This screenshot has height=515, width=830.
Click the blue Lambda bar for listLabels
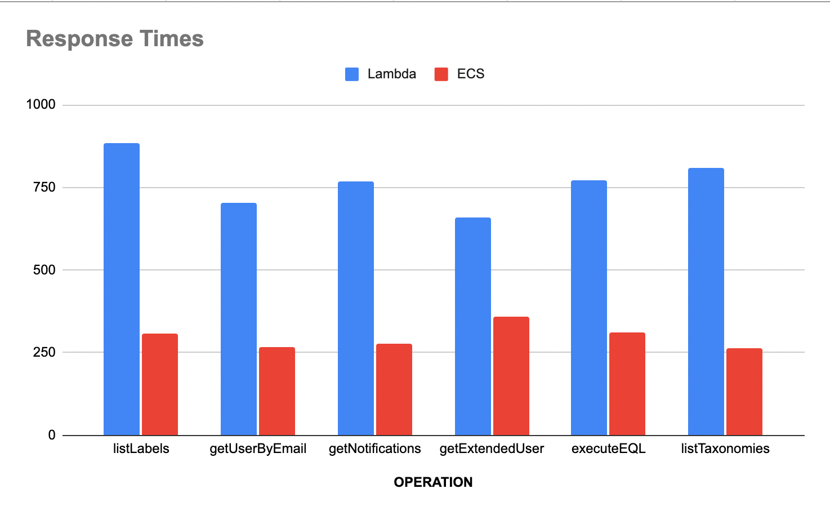[122, 289]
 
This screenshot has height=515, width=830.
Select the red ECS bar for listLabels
[160, 384]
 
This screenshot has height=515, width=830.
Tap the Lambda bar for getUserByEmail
[239, 319]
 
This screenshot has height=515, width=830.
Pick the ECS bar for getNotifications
[394, 389]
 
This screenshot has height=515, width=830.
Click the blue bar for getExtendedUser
[473, 326]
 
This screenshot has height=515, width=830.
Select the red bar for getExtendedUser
[511, 376]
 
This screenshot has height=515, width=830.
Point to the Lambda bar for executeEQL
[589, 308]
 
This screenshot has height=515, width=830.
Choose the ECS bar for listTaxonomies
[744, 392]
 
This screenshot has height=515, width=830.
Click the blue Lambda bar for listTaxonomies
[706, 301]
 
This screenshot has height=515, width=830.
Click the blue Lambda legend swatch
[352, 74]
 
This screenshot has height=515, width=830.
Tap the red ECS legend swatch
[441, 74]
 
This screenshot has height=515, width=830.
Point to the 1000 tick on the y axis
[41, 105]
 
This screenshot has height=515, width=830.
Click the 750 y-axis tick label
[44, 187]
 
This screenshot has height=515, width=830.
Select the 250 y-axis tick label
[44, 352]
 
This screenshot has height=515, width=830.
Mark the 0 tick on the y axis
[52, 435]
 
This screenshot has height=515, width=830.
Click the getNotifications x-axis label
[375, 449]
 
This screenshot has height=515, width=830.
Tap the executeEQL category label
[608, 449]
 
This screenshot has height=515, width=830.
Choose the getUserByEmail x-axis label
[258, 449]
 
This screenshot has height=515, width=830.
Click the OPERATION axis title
[433, 482]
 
